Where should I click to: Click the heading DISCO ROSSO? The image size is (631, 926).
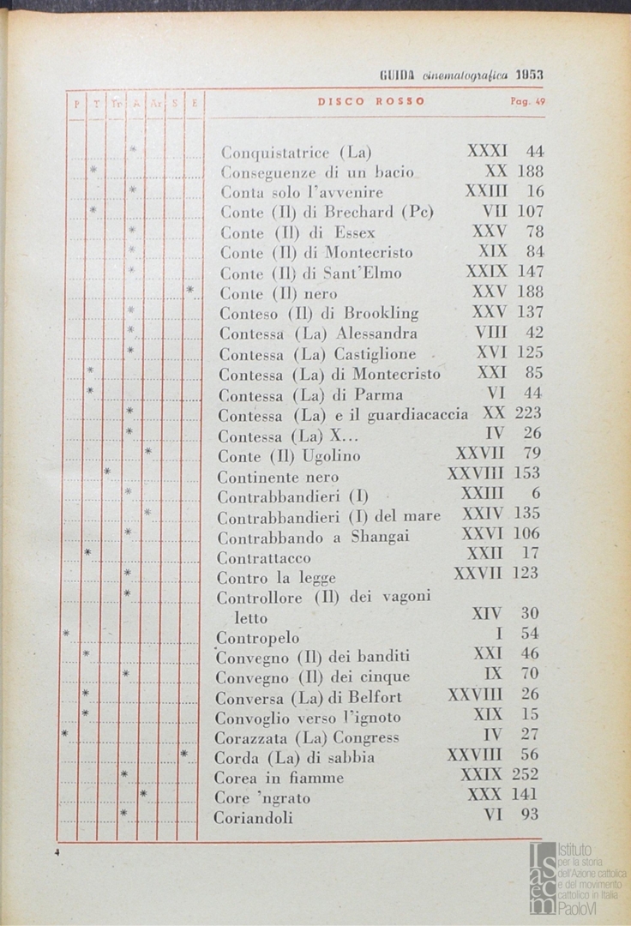[x=371, y=101]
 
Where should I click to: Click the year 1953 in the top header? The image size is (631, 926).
[x=529, y=75]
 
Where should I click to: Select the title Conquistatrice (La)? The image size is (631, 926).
[x=296, y=153]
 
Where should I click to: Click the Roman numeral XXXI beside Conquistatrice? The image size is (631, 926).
[x=487, y=151]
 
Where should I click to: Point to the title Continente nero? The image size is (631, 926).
[x=278, y=477]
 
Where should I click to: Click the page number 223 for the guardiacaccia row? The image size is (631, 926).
[x=526, y=413]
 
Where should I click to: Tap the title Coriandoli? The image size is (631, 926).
[x=253, y=818]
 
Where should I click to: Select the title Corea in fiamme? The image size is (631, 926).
[x=279, y=778]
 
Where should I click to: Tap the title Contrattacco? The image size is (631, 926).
[x=263, y=558]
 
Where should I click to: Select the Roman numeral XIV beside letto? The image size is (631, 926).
[x=487, y=614]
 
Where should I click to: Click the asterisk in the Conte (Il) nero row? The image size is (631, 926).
[x=189, y=291]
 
